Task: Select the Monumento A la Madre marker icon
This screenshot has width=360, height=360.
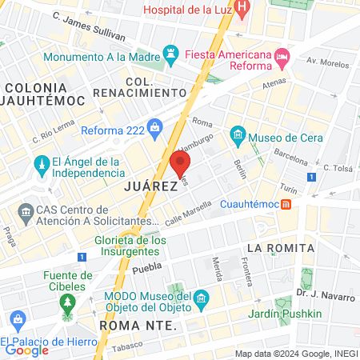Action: [170, 57]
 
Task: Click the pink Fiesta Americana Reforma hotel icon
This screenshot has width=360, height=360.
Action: [281, 58]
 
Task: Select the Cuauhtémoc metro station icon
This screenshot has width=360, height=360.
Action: [286, 204]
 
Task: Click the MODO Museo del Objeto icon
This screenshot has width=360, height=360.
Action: [201, 301]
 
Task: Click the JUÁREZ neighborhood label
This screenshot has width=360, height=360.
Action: [150, 186]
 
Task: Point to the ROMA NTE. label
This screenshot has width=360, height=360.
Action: [135, 326]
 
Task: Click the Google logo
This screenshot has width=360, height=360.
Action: [26, 349]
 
